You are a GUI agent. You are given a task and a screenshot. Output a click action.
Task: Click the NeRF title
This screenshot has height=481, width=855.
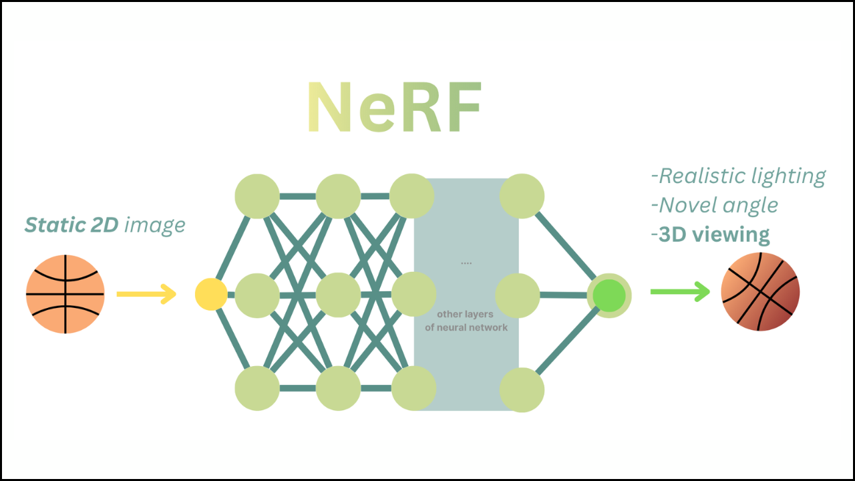pyautogui.click(x=394, y=109)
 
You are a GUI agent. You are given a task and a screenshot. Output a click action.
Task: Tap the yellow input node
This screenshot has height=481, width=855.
pyautogui.click(x=211, y=295)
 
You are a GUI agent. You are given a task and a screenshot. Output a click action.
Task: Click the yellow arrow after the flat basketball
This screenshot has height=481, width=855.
pyautogui.click(x=146, y=294)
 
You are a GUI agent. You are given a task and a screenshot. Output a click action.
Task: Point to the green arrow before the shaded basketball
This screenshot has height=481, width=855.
pyautogui.click(x=680, y=292)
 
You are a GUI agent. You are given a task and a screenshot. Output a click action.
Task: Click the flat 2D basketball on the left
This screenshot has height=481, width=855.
pyautogui.click(x=65, y=294)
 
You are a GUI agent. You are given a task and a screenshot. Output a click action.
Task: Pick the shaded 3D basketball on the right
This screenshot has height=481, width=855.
pyautogui.click(x=760, y=292)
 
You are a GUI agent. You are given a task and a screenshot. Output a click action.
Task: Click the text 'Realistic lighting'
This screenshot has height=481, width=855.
pyautogui.click(x=738, y=176)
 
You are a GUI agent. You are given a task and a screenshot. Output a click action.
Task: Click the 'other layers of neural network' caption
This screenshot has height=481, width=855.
pyautogui.click(x=466, y=321)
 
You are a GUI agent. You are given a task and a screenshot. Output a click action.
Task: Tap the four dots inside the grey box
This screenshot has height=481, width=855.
pyautogui.click(x=466, y=263)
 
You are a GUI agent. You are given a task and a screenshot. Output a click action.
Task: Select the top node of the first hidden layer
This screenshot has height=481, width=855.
pyautogui.click(x=257, y=196)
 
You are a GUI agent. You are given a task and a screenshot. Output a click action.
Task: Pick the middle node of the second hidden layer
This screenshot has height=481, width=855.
pyautogui.click(x=339, y=295)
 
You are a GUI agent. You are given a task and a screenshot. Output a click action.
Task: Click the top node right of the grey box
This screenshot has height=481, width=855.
pyautogui.click(x=522, y=196)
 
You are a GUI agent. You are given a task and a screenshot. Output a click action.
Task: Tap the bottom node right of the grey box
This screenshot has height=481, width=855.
pyautogui.click(x=522, y=390)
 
